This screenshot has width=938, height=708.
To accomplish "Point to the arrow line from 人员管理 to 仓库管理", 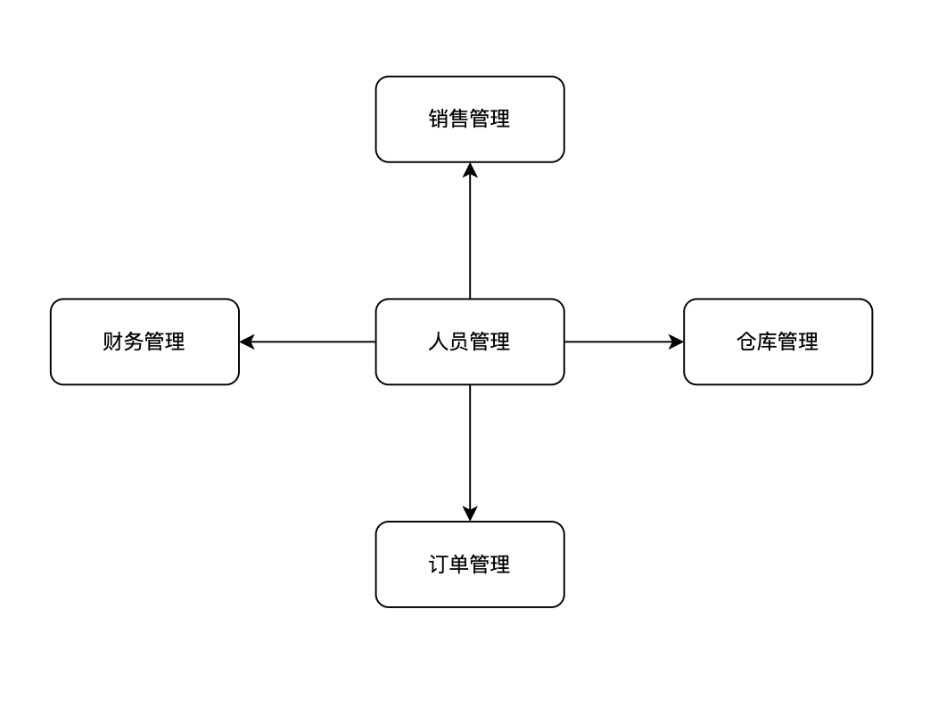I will tap(620, 342).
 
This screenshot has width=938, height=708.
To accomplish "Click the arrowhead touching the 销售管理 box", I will tap(470, 170).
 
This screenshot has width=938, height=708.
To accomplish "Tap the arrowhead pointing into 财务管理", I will tap(247, 342).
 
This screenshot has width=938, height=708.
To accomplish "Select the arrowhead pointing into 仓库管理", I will tap(676, 342).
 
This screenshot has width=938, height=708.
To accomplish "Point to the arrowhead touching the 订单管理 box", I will tap(470, 514).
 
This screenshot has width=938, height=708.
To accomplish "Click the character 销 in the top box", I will tap(439, 119).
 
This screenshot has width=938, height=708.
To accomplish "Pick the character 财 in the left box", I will tap(113, 342).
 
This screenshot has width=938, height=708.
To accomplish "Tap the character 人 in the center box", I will tap(439, 342).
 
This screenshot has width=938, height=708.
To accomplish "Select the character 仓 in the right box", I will tap(746, 342).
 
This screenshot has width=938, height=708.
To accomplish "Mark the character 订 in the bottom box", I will tap(439, 564).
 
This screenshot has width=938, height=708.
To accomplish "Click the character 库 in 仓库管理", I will tap(767, 342).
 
